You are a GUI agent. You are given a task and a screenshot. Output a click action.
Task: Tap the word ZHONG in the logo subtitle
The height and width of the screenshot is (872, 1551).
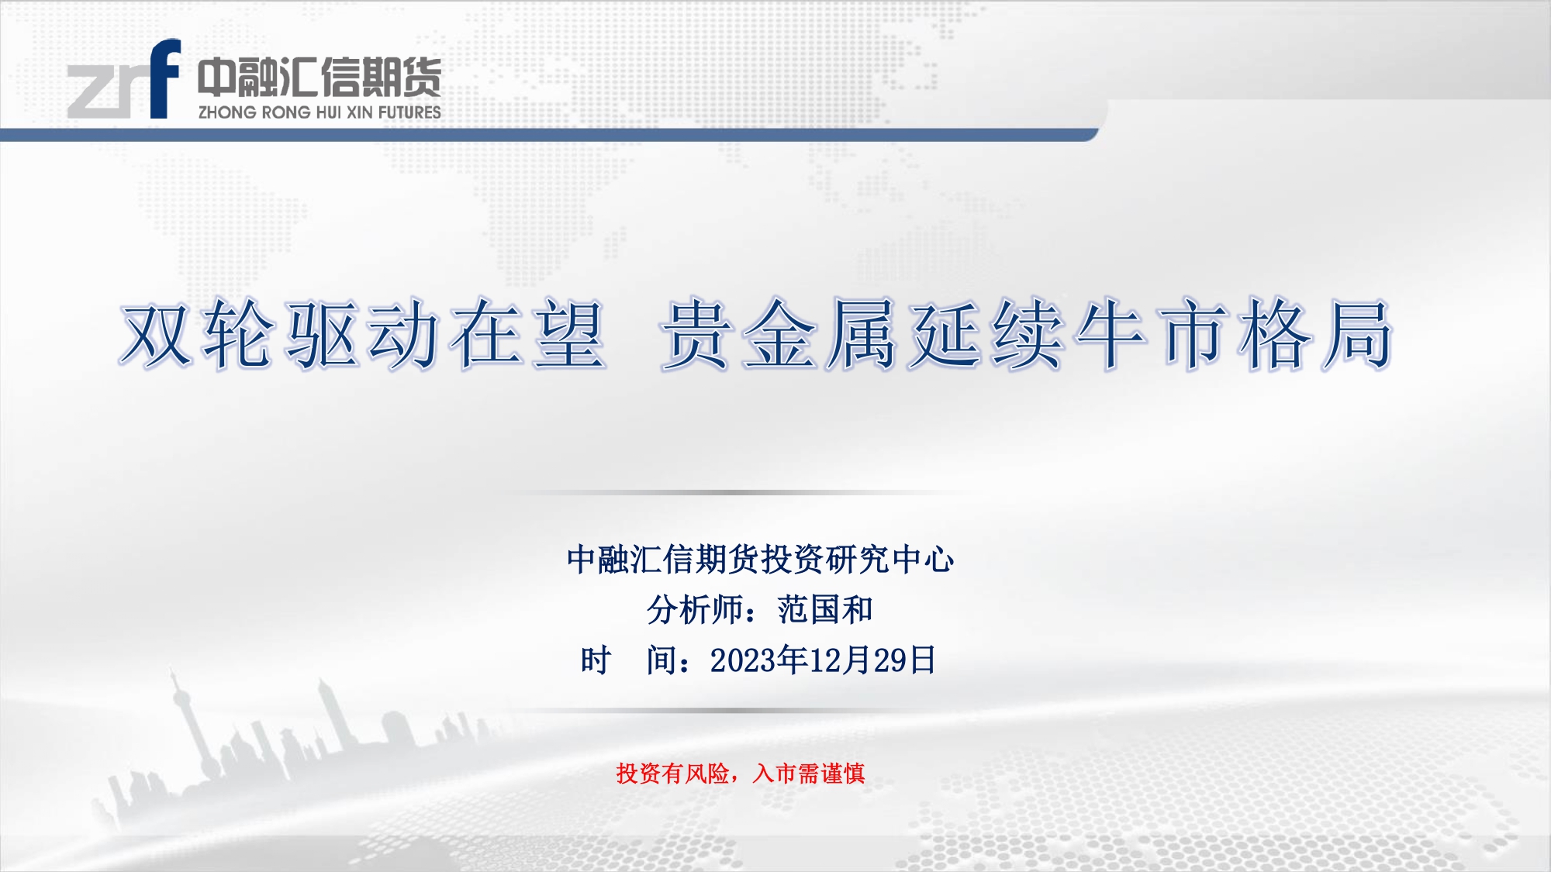tap(227, 112)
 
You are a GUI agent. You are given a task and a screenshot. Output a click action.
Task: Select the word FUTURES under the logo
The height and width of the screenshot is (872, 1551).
tap(409, 112)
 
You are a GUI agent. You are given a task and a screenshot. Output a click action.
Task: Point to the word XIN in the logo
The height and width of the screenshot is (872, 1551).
tap(360, 112)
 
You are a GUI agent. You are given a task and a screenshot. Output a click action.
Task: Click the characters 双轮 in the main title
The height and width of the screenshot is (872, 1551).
tap(198, 334)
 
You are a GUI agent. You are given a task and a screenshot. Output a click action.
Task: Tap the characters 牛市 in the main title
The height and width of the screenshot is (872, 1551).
tap(1150, 334)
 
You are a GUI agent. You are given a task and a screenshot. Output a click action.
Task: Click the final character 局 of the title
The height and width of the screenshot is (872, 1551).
tap(1356, 334)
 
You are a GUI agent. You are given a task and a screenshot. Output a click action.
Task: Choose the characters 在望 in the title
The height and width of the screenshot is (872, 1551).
tap(528, 334)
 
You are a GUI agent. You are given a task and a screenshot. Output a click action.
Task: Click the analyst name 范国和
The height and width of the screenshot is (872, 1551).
tap(825, 610)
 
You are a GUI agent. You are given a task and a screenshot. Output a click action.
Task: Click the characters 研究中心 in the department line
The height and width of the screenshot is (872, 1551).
tap(890, 559)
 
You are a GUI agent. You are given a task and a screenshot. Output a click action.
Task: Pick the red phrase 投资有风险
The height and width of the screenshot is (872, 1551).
tap(672, 773)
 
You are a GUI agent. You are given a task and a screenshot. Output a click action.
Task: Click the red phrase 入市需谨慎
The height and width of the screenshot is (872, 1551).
tap(809, 773)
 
